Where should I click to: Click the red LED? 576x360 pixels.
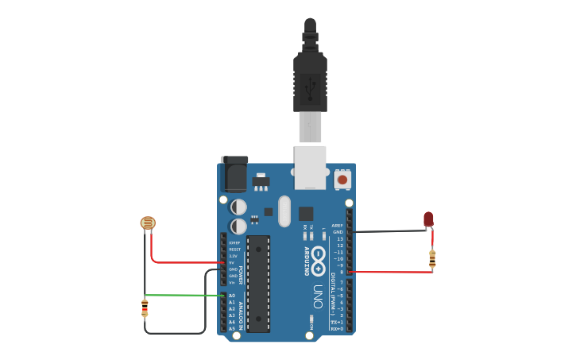(x=428, y=219)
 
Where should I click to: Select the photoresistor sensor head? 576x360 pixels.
(x=148, y=223)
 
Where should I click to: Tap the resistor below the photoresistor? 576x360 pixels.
(x=145, y=307)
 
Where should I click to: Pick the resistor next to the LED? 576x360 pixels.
(x=432, y=257)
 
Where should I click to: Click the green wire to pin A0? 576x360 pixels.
(x=183, y=296)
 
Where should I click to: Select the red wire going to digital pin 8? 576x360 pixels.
(x=389, y=272)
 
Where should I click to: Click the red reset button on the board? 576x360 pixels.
(x=342, y=180)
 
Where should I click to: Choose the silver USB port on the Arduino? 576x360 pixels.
(x=310, y=167)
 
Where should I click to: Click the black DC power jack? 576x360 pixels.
(x=235, y=173)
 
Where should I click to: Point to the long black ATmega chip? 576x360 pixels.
(x=258, y=283)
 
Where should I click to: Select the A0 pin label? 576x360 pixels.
(x=232, y=296)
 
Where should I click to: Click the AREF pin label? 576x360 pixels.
(x=338, y=226)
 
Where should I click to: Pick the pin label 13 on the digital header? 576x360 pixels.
(x=339, y=239)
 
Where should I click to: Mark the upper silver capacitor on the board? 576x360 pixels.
(x=238, y=207)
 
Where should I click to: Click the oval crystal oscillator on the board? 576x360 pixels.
(x=284, y=211)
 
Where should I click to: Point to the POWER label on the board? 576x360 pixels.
(x=240, y=275)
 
